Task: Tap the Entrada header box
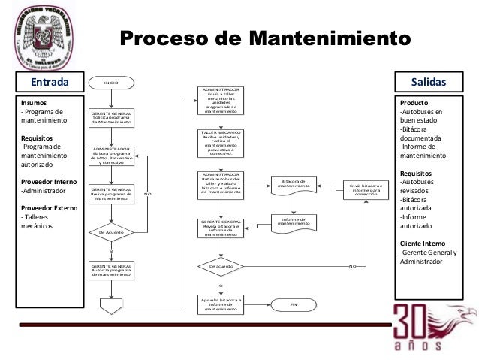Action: pos(49,81)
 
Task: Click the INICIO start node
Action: pos(111,81)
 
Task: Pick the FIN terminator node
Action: pos(294,304)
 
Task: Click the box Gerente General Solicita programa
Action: pos(111,119)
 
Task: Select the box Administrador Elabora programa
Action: pos(111,156)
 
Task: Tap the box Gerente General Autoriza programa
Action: pos(111,271)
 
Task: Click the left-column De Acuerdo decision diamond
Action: pos(111,232)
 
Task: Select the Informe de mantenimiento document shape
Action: pos(293,222)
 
